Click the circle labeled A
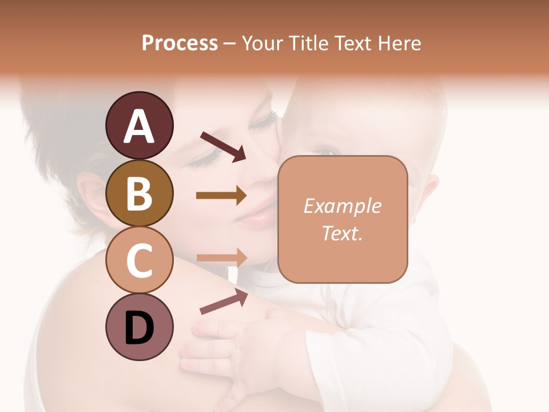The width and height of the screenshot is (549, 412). (x=139, y=125)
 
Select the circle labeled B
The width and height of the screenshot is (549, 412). (x=139, y=193)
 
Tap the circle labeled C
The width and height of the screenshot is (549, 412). (x=139, y=260)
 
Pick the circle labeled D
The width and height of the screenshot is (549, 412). (x=139, y=327)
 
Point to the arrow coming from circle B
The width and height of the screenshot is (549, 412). (x=221, y=196)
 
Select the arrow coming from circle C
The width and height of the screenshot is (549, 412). (x=221, y=258)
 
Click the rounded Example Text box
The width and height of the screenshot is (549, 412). (x=343, y=219)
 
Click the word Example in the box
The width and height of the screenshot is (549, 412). (x=342, y=205)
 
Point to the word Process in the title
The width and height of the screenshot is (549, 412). (x=180, y=43)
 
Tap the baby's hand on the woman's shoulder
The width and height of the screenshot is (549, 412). (x=229, y=349)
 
